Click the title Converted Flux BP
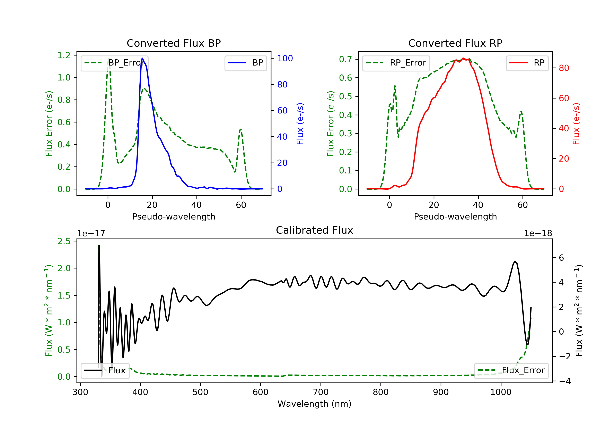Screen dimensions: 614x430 [174, 43]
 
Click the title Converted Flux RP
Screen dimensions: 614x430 [455, 43]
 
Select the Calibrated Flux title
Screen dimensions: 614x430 [315, 230]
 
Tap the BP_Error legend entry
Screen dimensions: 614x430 [114, 63]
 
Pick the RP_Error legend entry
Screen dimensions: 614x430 [396, 63]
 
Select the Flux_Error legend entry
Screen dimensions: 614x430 [511, 370]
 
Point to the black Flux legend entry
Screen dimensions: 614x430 [105, 371]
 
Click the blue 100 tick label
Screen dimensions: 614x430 [285, 58]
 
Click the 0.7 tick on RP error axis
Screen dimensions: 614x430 [345, 59]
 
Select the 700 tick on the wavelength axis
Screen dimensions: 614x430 [321, 392]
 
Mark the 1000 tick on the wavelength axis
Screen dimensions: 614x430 [501, 392]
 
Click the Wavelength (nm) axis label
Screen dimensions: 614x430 [315, 404]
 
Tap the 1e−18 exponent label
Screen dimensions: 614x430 [538, 233]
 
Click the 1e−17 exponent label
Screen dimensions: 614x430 [91, 233]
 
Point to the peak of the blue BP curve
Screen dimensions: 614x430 [142, 58]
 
